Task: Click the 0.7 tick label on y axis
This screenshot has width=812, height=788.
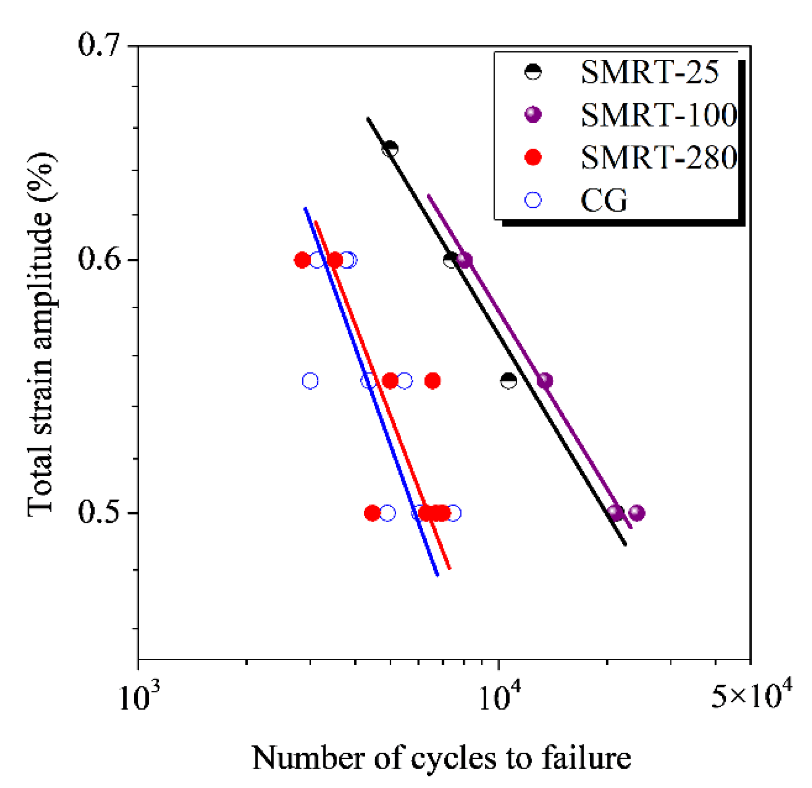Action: point(98,46)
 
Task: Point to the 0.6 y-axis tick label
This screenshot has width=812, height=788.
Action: point(98,260)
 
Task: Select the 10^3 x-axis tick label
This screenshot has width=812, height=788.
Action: point(139,696)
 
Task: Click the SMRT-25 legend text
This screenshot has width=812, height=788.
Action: point(650,73)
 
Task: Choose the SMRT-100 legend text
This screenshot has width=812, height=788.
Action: point(659,115)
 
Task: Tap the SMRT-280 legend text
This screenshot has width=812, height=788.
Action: point(659,158)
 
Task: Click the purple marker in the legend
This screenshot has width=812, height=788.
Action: point(533,115)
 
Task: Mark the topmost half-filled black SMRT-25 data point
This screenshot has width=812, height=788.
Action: point(390,148)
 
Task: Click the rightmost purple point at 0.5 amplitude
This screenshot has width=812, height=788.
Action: point(637,513)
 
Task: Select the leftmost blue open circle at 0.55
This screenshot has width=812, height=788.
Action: point(310,381)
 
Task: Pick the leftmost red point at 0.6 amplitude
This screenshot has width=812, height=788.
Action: point(302,260)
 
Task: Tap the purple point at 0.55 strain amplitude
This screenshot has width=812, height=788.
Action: point(545,381)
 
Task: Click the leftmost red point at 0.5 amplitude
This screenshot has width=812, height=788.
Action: point(372,513)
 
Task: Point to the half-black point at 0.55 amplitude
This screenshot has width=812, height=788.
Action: point(509,381)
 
